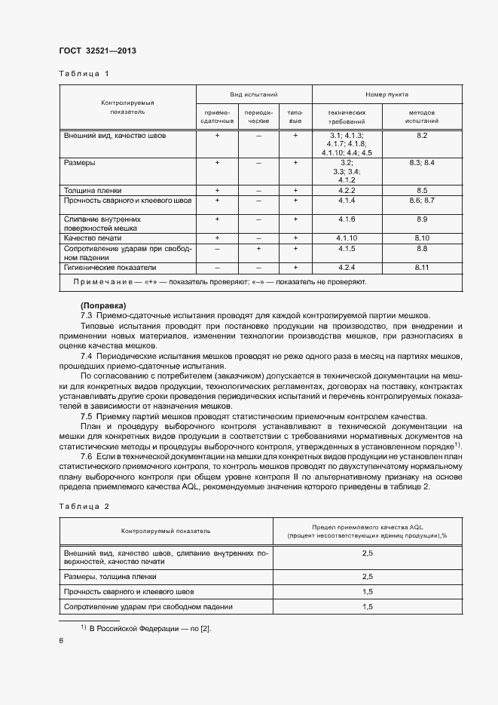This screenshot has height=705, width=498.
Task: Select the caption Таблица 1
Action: pos(84,74)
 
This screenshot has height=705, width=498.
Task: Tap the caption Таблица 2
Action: pos(84,506)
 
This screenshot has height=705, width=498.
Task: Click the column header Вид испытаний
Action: pos(254,96)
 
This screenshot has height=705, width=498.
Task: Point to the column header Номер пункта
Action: pos(387,96)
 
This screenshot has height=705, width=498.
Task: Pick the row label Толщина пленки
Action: pos(93,191)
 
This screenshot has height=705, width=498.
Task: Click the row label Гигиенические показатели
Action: pos(110,267)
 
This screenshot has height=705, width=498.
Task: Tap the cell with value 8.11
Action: pos(422,267)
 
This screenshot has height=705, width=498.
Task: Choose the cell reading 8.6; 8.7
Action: pos(422,201)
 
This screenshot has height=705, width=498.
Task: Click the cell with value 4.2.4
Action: pos(347,267)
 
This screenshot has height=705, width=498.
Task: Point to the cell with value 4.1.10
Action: pos(347,238)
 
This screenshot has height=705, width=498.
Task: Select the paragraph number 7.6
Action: pos(86,457)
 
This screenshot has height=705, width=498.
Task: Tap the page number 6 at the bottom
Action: pos(61,640)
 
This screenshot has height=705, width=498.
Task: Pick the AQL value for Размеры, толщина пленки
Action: pos(368,576)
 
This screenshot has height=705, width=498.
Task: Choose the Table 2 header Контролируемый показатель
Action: pos(166,531)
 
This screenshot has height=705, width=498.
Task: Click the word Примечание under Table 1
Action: pos(100,281)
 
